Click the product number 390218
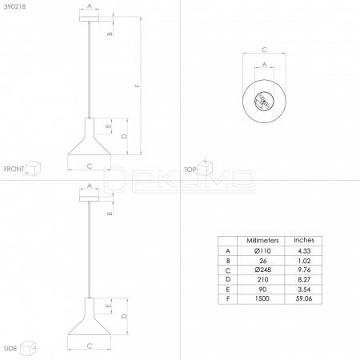point(15,6)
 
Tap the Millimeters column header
point(262,241)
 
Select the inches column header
point(304,240)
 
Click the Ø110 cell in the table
point(262,251)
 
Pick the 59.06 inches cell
point(304,298)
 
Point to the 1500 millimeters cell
point(262,298)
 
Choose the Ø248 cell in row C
point(262,270)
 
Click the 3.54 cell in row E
point(304,290)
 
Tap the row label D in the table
point(228,279)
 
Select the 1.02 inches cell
point(304,261)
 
